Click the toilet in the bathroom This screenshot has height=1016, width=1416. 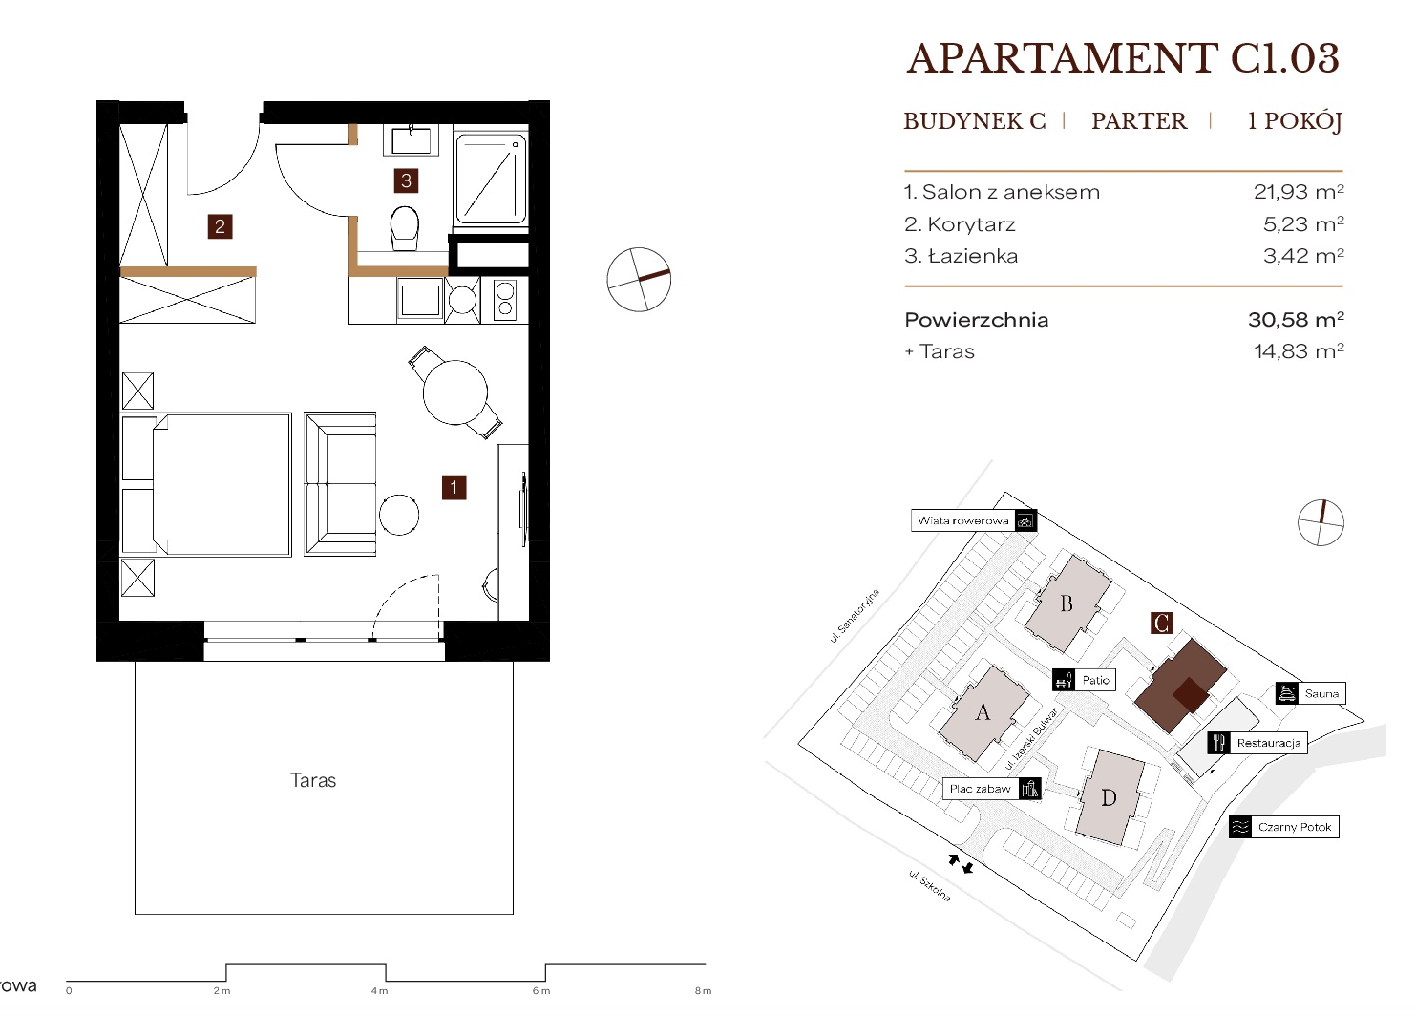405,227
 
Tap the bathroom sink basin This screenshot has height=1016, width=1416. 411,140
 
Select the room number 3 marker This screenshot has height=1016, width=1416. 406,180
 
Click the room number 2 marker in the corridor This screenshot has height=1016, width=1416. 220,226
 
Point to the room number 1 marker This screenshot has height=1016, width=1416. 454,487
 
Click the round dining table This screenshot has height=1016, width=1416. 455,392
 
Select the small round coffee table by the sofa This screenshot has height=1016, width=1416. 399,515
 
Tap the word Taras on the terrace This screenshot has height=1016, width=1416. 313,780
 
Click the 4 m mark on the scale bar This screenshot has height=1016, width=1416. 379,991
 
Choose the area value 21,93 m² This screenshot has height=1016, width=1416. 1299,192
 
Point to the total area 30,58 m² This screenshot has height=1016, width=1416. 1296,319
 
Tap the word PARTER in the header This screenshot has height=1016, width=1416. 1139,120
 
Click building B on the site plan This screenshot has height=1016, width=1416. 1067,603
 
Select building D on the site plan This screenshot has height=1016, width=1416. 1110,798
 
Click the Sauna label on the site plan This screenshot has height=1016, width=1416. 1310,693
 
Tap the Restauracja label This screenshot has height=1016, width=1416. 1257,743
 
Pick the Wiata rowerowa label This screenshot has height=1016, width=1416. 974,521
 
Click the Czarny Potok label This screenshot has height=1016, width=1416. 1284,827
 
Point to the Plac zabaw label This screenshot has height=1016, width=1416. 991,789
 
